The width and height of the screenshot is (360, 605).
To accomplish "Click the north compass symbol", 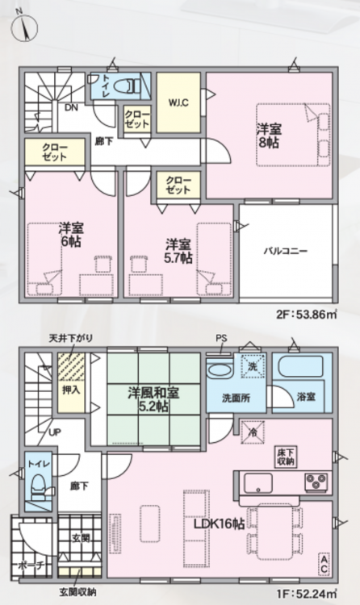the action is [x=24, y=27].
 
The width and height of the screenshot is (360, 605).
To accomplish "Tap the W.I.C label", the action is [x=178, y=103].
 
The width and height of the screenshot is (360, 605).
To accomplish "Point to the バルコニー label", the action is [x=286, y=251].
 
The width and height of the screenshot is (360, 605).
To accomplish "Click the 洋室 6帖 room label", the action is [x=71, y=235].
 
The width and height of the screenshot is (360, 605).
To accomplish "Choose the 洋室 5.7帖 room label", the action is [x=178, y=251].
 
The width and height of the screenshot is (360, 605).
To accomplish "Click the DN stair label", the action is [x=71, y=107].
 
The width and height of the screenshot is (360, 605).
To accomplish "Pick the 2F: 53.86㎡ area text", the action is [x=307, y=315].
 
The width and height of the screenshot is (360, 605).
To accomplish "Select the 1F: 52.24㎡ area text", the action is [x=307, y=591].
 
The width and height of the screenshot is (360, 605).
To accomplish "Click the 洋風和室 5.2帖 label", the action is [x=153, y=399].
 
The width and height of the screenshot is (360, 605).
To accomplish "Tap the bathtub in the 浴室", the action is [x=300, y=367].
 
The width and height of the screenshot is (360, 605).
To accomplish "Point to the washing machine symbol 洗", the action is [x=253, y=365].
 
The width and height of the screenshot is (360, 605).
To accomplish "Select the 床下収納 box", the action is [x=287, y=457].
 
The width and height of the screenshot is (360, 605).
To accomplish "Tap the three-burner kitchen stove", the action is [x=316, y=482].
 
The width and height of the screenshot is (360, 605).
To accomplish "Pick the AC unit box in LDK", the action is [x=324, y=564].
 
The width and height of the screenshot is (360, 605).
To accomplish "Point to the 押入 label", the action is [x=71, y=390].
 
